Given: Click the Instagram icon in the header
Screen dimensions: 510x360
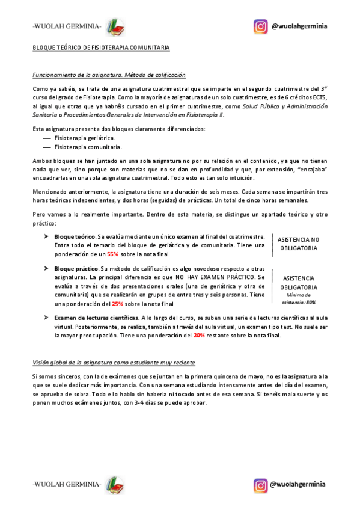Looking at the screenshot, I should [260, 26].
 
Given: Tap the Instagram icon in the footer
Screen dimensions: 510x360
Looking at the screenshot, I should [260, 485].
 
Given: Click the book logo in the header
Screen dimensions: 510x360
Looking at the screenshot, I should [114, 27].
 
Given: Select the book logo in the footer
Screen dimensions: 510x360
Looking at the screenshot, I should [114, 485].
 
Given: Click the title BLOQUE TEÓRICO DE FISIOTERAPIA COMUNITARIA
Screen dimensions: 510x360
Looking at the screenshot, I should [101, 48].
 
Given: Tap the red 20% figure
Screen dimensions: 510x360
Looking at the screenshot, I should [199, 336].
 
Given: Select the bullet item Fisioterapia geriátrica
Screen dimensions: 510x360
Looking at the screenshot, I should [84, 138].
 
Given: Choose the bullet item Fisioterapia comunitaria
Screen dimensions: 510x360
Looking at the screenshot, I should [88, 146].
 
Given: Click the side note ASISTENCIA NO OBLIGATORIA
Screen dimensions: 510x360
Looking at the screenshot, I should [298, 243].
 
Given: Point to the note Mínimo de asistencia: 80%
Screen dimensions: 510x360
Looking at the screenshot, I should [301, 299].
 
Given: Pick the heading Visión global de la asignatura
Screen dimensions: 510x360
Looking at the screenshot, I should [113, 363].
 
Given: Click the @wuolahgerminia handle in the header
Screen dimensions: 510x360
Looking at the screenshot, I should [299, 26].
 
